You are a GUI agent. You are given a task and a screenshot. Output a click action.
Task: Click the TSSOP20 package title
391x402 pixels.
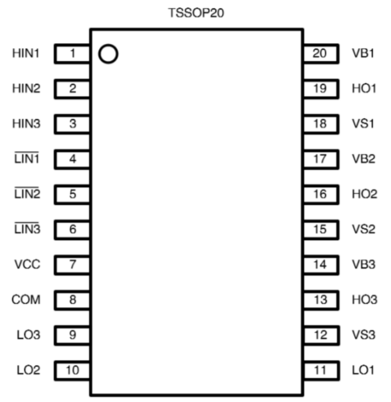pyautogui.click(x=196, y=13)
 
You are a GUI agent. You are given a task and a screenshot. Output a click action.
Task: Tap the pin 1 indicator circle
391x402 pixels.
pyautogui.click(x=108, y=54)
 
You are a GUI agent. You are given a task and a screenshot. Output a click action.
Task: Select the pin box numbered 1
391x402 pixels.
pyautogui.click(x=72, y=54)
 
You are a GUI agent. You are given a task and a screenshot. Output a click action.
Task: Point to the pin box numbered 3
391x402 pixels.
pyautogui.click(x=72, y=124)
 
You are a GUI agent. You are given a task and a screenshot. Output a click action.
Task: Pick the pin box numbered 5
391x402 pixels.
pyautogui.click(x=72, y=194)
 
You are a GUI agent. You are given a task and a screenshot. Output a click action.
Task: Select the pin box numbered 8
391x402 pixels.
pyautogui.click(x=72, y=300)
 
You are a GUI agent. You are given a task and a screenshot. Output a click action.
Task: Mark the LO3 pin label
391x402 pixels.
pyautogui.click(x=26, y=335)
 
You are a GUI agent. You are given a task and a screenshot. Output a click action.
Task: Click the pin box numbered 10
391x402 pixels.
pyautogui.click(x=72, y=370)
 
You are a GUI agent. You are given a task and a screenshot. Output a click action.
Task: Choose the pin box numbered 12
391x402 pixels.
pyautogui.click(x=320, y=335)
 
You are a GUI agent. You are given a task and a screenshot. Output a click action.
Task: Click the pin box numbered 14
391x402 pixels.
pyautogui.click(x=320, y=264)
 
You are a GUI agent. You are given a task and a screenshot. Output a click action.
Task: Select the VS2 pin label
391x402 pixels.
pyautogui.click(x=364, y=229)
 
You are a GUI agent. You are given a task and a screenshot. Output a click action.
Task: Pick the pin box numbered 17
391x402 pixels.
pyautogui.click(x=320, y=159)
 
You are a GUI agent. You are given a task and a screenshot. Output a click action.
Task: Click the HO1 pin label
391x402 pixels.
pyautogui.click(x=364, y=89)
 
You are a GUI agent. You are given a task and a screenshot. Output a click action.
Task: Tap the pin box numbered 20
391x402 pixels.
pyautogui.click(x=320, y=54)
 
